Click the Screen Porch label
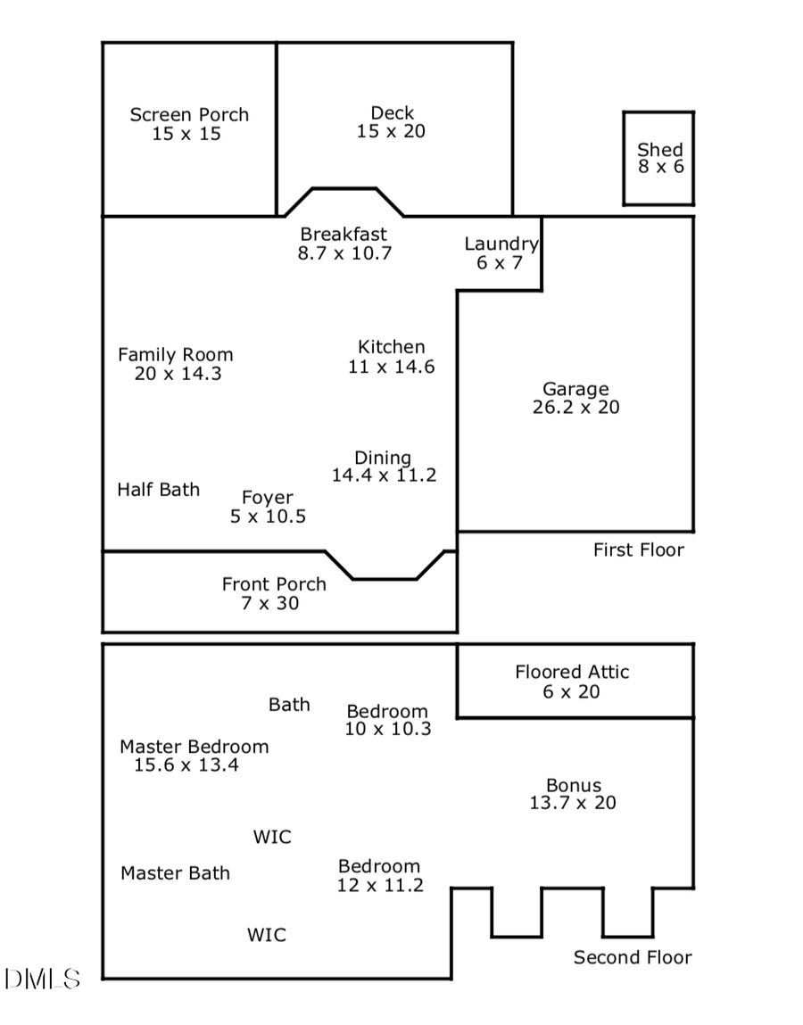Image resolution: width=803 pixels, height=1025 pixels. pos(189,115)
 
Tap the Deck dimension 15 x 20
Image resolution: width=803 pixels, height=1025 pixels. pos(392,132)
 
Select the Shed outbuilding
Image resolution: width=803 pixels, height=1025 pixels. pos(658,158)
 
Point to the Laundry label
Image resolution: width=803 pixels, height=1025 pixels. pos(501,244)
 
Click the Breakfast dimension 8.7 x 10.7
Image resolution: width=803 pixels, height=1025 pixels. pos(344,253)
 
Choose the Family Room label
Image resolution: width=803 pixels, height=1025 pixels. pos(176,355)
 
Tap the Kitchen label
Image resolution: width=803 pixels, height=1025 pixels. pos(392,347)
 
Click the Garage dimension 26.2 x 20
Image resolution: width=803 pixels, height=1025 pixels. pos(575,408)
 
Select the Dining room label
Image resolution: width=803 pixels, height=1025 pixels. pos(383,458)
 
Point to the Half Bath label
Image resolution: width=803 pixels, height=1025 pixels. pos(159,490)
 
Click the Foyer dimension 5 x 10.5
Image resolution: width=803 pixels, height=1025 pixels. pos(268,517)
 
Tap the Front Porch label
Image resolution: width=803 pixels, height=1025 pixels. pos(274,584)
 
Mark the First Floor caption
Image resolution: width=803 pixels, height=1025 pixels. pos(639,550)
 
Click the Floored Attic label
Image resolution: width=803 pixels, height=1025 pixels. pos(572,673)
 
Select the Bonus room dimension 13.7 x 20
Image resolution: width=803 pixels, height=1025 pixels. pos(573,803)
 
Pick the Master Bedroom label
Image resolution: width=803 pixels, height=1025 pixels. pos(195,747)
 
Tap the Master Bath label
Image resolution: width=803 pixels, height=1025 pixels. pos(175,873)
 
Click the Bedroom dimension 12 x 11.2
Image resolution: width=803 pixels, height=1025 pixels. pos(379,886)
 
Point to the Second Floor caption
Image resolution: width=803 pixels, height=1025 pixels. pos(633,958)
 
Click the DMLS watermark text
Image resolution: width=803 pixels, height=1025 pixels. pos(43,980)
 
